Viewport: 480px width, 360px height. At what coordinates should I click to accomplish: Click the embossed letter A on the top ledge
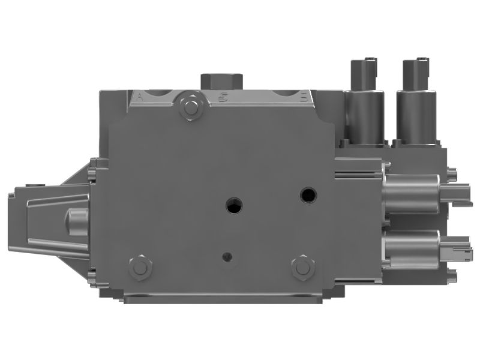pos(140,96)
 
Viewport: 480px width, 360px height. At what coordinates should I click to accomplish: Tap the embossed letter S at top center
pos(223,97)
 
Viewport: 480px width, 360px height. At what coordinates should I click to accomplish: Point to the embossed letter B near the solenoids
pos(304,96)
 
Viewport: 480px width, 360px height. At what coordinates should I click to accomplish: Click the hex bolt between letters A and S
pos(191,107)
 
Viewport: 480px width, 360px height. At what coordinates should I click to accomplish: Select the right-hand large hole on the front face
pos(308,194)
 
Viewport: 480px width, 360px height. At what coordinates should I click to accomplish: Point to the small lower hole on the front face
pos(227,257)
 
